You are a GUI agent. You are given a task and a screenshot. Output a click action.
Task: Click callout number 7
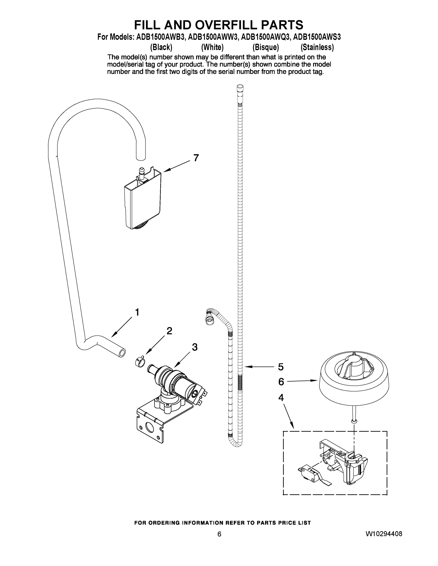point(196,158)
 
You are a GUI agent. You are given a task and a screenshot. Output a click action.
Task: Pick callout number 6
point(281,382)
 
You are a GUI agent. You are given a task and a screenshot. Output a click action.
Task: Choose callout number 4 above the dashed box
point(281,398)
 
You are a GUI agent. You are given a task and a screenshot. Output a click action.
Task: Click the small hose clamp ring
point(140,361)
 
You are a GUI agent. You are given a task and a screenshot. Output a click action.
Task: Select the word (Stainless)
point(317,47)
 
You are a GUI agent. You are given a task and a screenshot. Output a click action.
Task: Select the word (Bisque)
point(266,47)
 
